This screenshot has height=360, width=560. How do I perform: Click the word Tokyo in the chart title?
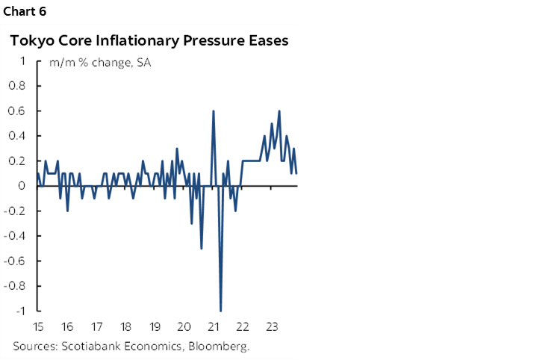(31, 41)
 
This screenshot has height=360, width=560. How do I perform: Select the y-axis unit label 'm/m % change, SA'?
(100, 63)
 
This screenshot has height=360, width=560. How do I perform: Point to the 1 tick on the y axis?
(23, 61)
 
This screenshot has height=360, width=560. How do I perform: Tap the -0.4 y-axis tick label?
(16, 236)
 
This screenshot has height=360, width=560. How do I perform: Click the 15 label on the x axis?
(37, 326)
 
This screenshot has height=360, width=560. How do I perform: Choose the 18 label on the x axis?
(125, 326)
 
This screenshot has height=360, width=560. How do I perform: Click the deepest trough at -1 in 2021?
(220, 310)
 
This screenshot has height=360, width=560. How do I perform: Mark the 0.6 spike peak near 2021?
(214, 111)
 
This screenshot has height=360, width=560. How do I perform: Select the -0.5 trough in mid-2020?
(202, 248)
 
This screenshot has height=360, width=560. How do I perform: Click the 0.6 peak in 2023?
(279, 111)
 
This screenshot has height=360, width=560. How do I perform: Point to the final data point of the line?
(296, 173)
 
